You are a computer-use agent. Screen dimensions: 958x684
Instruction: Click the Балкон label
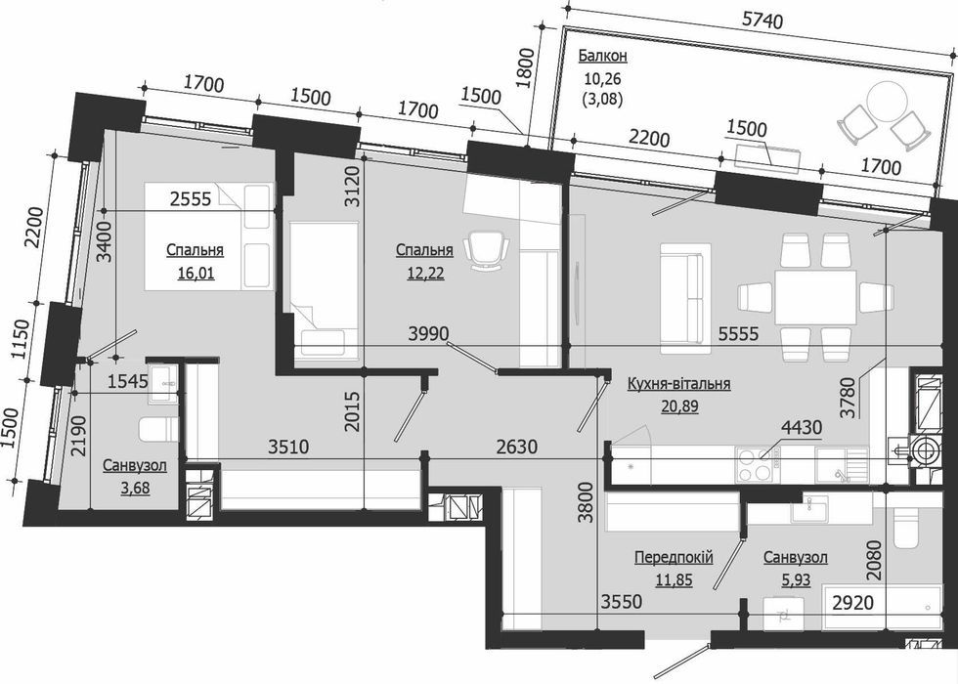coord(602,57)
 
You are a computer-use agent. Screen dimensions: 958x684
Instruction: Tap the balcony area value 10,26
coord(602,78)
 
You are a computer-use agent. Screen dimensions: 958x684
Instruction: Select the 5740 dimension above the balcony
coord(762,21)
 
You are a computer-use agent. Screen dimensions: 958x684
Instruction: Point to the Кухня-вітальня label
coord(678,383)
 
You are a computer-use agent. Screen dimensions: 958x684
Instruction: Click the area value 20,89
coord(679,406)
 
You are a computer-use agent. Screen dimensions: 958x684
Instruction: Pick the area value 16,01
coord(196,273)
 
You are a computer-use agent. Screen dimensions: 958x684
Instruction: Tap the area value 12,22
coord(425,273)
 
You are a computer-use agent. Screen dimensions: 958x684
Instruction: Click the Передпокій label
coord(674,557)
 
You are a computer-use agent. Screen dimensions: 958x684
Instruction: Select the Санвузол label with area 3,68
coord(135,466)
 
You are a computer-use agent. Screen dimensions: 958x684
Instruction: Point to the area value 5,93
coord(796,578)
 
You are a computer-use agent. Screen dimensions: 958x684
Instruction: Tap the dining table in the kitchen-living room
coord(815,298)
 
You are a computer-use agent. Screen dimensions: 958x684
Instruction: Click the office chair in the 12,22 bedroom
coord(487,250)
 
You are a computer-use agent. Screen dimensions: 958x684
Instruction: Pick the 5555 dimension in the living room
coord(738,333)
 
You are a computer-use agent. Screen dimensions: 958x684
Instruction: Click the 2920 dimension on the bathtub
coord(852,603)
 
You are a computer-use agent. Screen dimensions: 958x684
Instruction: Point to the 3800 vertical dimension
coord(587,502)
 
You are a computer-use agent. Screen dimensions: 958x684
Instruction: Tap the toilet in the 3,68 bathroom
coord(158,429)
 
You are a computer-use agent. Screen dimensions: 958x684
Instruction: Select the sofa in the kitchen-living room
coord(685,298)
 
